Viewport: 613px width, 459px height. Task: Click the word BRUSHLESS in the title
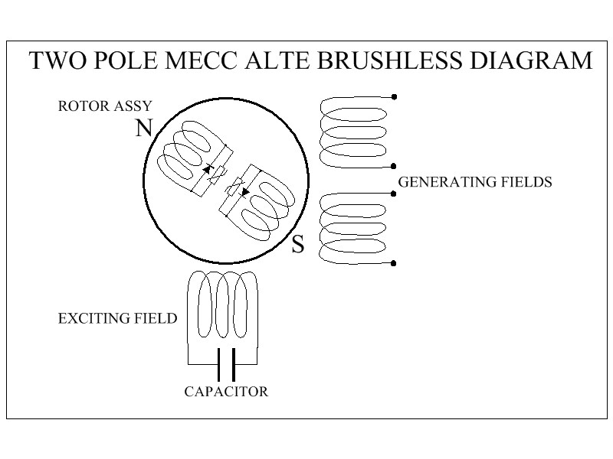[x=389, y=60]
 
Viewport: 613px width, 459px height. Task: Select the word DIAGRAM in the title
[x=531, y=60]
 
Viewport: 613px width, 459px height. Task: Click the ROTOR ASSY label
[x=105, y=106]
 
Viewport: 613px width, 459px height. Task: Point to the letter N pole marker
[x=144, y=128]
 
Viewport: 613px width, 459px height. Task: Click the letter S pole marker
[x=298, y=244]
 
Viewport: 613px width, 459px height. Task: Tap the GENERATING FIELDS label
[x=475, y=182]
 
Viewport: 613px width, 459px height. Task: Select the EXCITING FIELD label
[x=118, y=318]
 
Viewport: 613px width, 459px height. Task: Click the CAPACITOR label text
[x=226, y=392]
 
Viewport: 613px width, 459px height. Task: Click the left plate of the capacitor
[x=219, y=365]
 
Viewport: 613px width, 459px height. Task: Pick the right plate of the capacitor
[x=234, y=365]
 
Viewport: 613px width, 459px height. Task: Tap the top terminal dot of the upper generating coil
[x=394, y=97]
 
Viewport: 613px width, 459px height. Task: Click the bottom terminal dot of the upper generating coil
[x=394, y=166]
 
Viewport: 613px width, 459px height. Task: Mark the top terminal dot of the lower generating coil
[x=394, y=194]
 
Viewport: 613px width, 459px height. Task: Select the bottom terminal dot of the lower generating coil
[x=394, y=263]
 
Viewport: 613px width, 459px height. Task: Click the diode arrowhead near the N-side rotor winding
[x=207, y=169]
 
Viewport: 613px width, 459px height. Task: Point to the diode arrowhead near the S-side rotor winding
[x=245, y=192]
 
